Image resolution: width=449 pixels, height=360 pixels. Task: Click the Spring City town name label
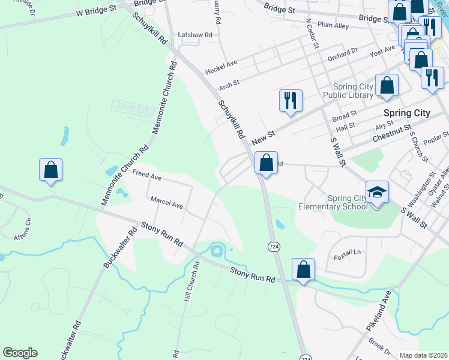(406, 113)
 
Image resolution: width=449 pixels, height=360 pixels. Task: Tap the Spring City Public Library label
(348, 89)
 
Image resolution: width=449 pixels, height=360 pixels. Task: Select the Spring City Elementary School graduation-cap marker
(377, 193)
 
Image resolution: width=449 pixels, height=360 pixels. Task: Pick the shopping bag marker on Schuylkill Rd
(266, 163)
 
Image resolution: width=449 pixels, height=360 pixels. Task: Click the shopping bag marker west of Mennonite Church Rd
(51, 170)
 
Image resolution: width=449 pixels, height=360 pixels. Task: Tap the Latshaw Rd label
(195, 35)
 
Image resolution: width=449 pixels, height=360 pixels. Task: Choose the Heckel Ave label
(221, 67)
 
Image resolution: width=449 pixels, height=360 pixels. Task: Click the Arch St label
(229, 85)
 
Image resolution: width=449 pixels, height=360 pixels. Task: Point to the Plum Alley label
(333, 26)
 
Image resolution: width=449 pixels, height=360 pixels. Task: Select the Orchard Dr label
(342, 54)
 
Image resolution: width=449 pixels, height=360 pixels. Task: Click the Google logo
(20, 353)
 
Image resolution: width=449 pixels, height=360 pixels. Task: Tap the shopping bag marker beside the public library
(387, 86)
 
